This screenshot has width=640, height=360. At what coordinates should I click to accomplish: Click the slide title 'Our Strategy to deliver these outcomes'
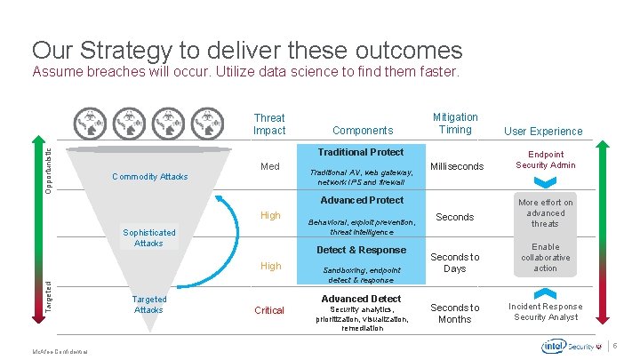pyautogui.click(x=247, y=50)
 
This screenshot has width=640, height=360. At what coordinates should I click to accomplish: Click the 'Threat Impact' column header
pyautogui.click(x=269, y=124)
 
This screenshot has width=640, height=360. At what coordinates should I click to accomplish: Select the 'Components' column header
pyautogui.click(x=363, y=131)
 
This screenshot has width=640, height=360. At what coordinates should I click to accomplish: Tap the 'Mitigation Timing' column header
pyautogui.click(x=455, y=124)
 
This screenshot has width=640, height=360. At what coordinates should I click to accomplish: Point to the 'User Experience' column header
pyautogui.click(x=543, y=131)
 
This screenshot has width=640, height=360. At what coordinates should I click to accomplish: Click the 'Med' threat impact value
pyautogui.click(x=269, y=167)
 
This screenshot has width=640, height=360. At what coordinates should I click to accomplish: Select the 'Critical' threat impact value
pyautogui.click(x=269, y=310)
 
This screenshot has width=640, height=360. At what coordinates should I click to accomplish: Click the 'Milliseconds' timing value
pyautogui.click(x=457, y=167)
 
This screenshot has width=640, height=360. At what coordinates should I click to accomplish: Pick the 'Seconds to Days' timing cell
pyautogui.click(x=454, y=263)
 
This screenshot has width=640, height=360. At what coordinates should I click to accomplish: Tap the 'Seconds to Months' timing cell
pyautogui.click(x=454, y=313)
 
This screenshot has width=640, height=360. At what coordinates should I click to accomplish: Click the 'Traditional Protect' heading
pyautogui.click(x=361, y=152)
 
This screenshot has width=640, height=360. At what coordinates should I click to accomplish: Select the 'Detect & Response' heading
pyautogui.click(x=361, y=250)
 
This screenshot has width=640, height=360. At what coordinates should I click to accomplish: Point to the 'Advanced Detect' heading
pyautogui.click(x=361, y=299)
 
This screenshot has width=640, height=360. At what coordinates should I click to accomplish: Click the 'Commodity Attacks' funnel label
pyautogui.click(x=150, y=177)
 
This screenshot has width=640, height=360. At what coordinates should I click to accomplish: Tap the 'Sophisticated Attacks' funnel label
pyautogui.click(x=149, y=237)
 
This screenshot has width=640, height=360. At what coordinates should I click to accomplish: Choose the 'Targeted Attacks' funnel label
pyautogui.click(x=148, y=305)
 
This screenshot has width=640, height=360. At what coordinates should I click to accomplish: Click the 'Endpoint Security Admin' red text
pyautogui.click(x=545, y=160)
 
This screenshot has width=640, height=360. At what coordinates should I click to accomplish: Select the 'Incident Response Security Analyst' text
pyautogui.click(x=545, y=312)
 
